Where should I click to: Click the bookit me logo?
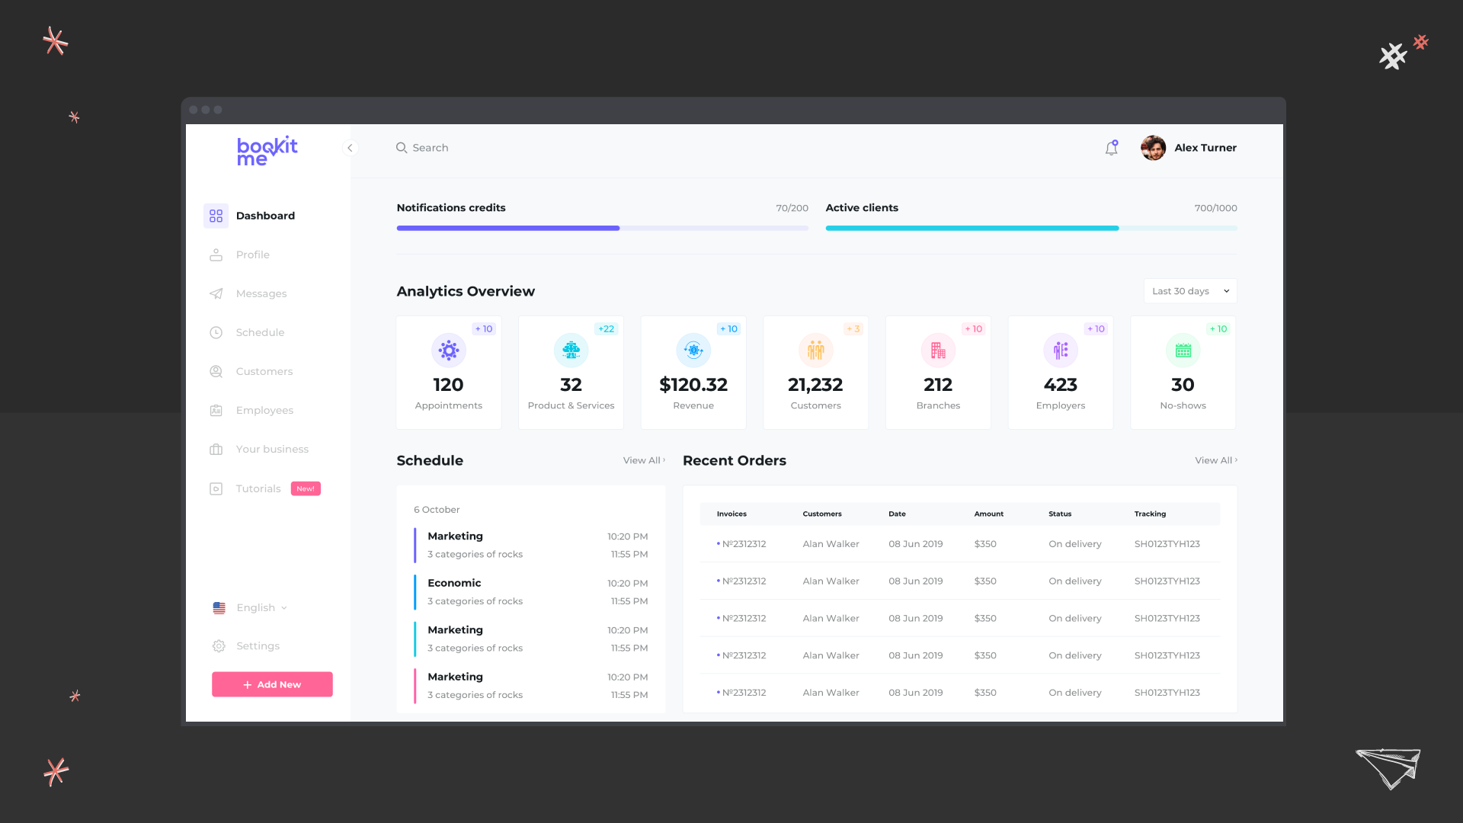[267, 151]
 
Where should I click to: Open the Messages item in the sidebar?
[261, 293]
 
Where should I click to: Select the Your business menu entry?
[271, 449]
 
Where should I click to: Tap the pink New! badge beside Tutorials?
[306, 488]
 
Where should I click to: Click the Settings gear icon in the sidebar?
[219, 646]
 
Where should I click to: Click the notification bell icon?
[1111, 148]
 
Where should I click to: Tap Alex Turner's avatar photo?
[1153, 148]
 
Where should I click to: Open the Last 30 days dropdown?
[1189, 291]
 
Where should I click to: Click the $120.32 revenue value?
[693, 385]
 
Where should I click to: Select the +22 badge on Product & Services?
[606, 329]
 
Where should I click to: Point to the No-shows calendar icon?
[1183, 351]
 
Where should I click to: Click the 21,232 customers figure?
[815, 385]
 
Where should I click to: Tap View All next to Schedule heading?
[643, 460]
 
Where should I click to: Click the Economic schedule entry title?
[454, 583]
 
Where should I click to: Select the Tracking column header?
[1150, 514]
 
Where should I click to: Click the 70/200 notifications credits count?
[792, 208]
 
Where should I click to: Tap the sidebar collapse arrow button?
[350, 148]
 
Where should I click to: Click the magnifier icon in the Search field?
[401, 148]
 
